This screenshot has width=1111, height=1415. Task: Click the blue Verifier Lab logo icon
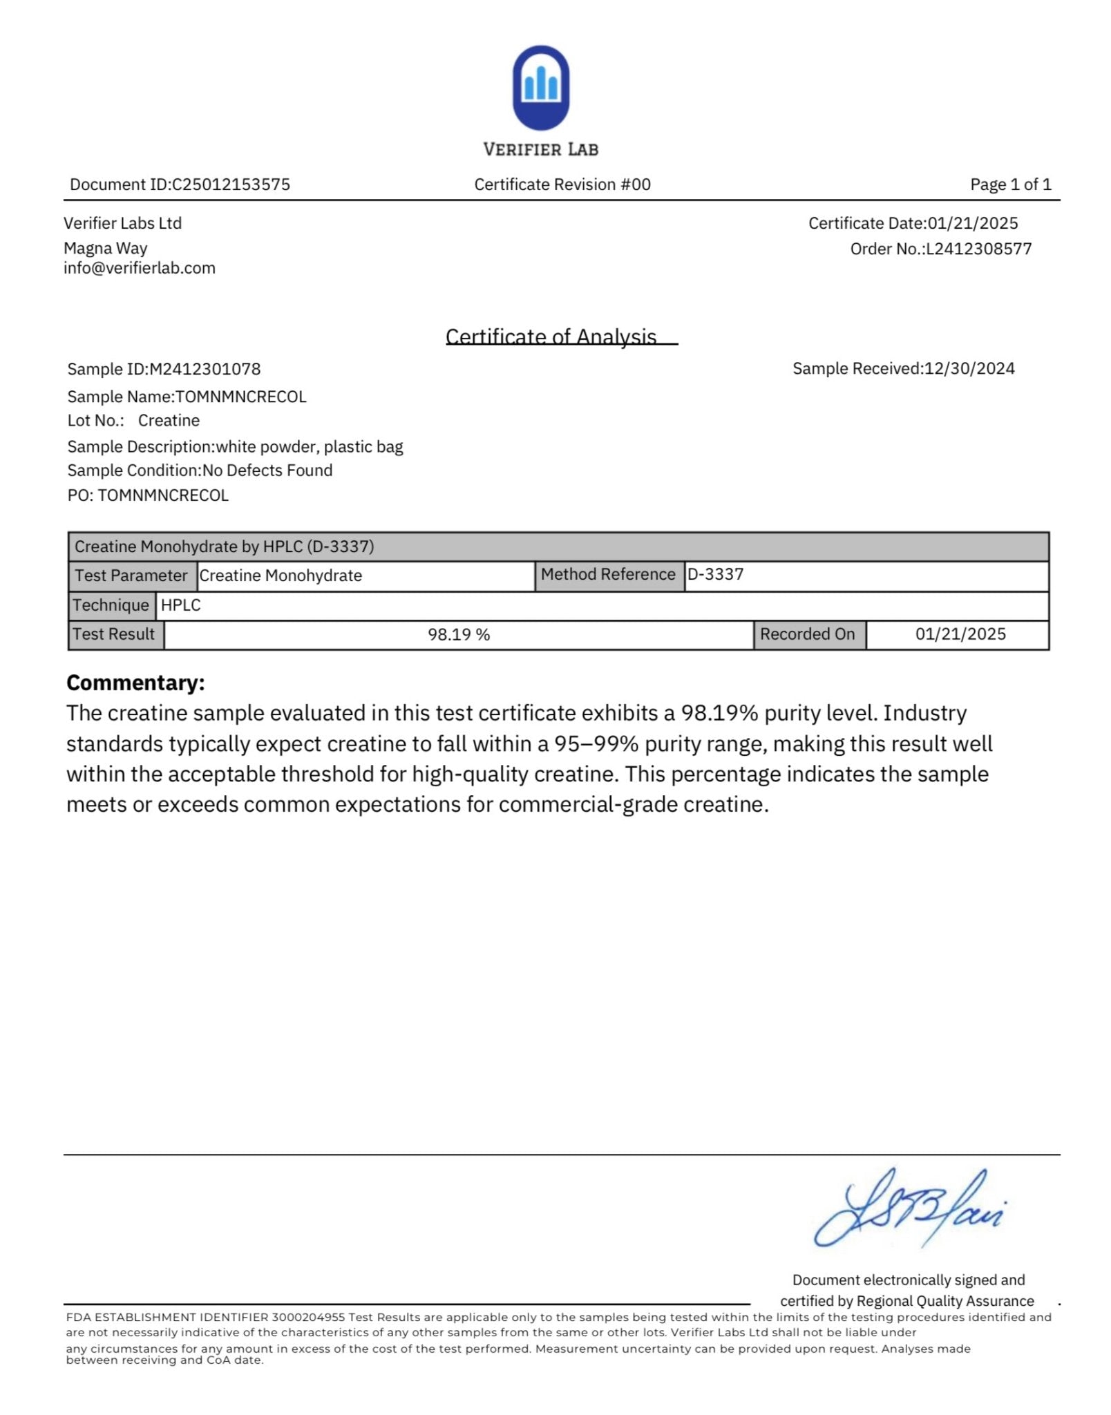540,88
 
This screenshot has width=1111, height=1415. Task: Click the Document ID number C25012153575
231,184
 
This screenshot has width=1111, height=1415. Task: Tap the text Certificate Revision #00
562,184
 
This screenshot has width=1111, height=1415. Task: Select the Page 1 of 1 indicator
1010,184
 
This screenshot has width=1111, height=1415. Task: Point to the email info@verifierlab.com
140,268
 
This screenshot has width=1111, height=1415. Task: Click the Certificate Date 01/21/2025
972,223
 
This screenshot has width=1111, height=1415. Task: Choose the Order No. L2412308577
978,249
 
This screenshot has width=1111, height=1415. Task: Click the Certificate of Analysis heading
551,336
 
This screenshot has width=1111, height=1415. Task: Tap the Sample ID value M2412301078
205,369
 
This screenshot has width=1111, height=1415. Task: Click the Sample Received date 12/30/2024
969,368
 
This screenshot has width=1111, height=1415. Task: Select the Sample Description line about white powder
235,446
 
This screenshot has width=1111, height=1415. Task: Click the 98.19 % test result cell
458,634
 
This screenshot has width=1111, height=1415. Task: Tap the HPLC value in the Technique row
181,605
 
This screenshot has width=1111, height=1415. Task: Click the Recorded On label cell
807,634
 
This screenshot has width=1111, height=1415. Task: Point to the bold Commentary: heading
135,683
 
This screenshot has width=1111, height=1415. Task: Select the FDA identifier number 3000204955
308,1317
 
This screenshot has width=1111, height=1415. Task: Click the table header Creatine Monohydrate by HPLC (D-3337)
224,547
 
